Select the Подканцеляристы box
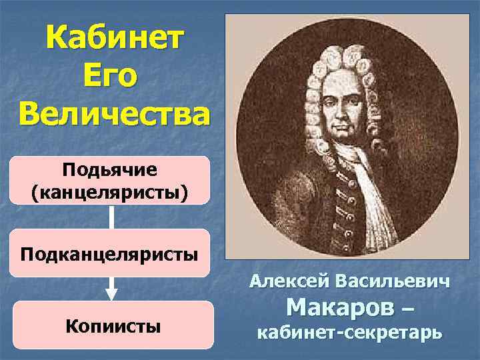click(x=109, y=253)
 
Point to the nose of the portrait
click(x=345, y=112)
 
